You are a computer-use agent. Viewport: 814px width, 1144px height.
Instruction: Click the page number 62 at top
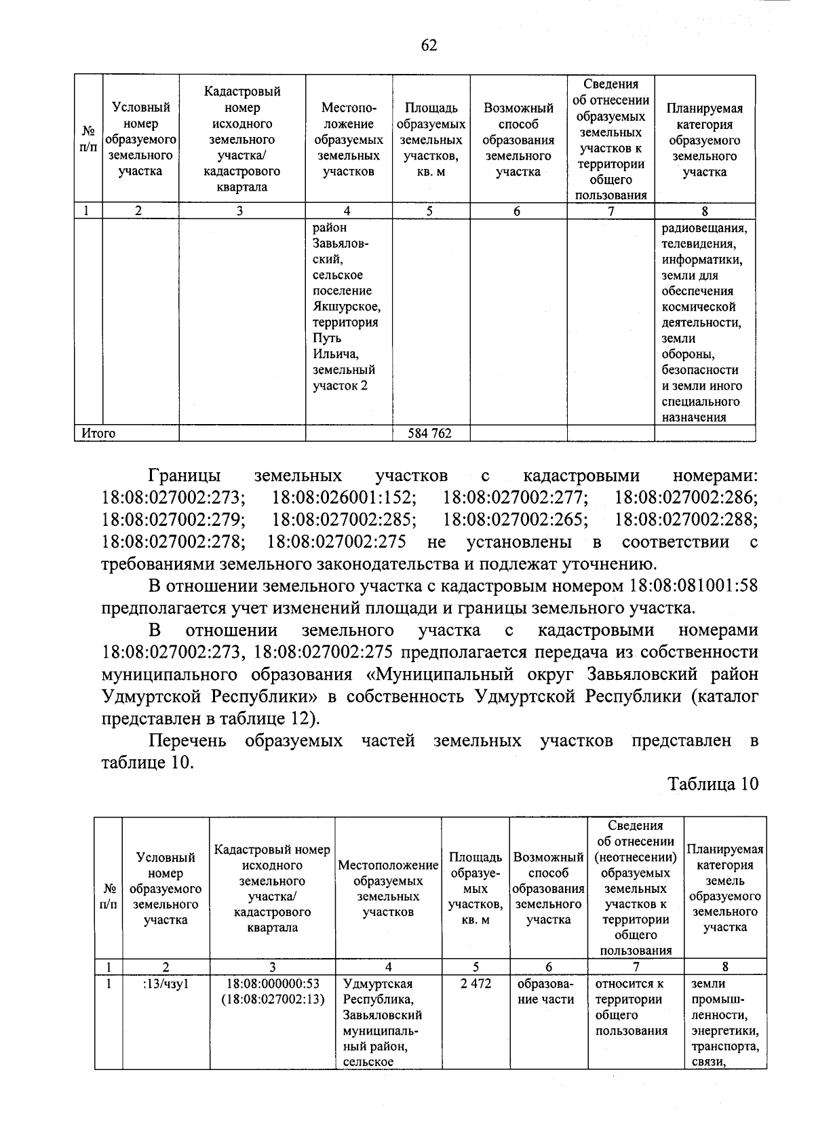[x=429, y=45]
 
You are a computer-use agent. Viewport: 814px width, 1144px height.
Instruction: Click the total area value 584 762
[x=429, y=434]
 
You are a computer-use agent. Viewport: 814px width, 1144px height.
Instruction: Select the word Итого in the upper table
[x=99, y=434]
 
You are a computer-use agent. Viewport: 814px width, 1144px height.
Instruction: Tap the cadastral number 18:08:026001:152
[x=344, y=497]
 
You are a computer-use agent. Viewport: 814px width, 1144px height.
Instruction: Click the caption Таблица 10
[x=713, y=784]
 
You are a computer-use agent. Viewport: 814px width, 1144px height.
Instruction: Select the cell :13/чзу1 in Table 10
[x=166, y=984]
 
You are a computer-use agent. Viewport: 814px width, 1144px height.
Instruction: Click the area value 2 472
[x=476, y=984]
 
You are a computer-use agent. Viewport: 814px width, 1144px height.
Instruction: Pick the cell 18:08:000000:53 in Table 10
[x=273, y=984]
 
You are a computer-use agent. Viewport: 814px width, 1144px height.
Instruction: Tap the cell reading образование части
[x=548, y=991]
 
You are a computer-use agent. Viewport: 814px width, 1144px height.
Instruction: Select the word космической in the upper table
[x=698, y=307]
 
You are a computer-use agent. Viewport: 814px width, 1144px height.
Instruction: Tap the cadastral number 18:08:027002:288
[x=686, y=520]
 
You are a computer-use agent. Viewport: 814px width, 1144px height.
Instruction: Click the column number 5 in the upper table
[x=430, y=211]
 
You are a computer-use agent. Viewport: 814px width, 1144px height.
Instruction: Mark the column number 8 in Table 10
[x=725, y=967]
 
